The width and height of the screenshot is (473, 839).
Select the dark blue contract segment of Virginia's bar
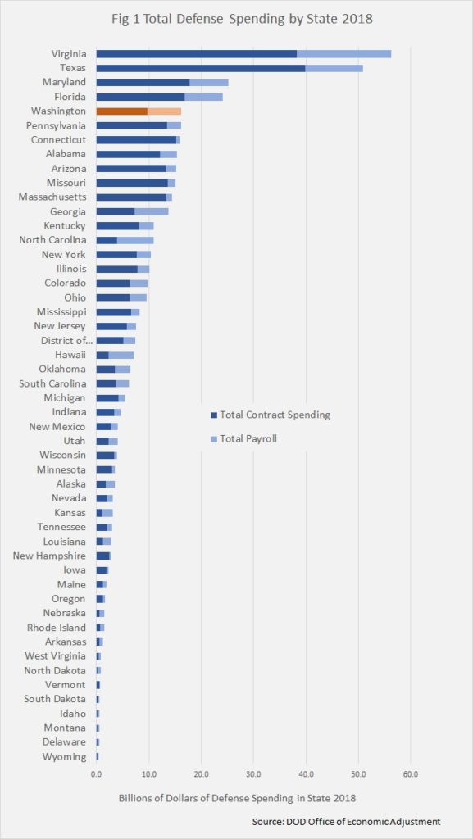click(x=197, y=54)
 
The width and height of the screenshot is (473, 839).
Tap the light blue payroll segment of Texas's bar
click(x=334, y=69)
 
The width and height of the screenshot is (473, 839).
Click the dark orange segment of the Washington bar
click(x=122, y=111)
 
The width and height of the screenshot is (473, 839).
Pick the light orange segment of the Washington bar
click(x=164, y=111)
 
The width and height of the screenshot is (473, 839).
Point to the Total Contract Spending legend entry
click(x=271, y=415)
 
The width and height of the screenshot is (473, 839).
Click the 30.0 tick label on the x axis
click(x=253, y=773)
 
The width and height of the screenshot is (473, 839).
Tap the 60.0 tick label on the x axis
click(x=411, y=773)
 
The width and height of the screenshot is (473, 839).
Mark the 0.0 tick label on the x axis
click(x=96, y=773)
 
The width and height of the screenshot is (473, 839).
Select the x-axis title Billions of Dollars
click(x=237, y=798)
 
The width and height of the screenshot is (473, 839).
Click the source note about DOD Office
click(x=346, y=821)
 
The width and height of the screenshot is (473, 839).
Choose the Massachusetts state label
click(x=52, y=197)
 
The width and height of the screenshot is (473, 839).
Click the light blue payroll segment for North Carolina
click(x=135, y=240)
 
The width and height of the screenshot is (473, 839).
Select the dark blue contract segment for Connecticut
click(x=136, y=139)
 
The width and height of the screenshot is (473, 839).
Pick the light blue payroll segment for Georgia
click(x=152, y=211)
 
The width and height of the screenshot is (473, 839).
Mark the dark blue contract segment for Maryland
click(x=143, y=83)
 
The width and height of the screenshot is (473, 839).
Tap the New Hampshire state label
click(x=49, y=556)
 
